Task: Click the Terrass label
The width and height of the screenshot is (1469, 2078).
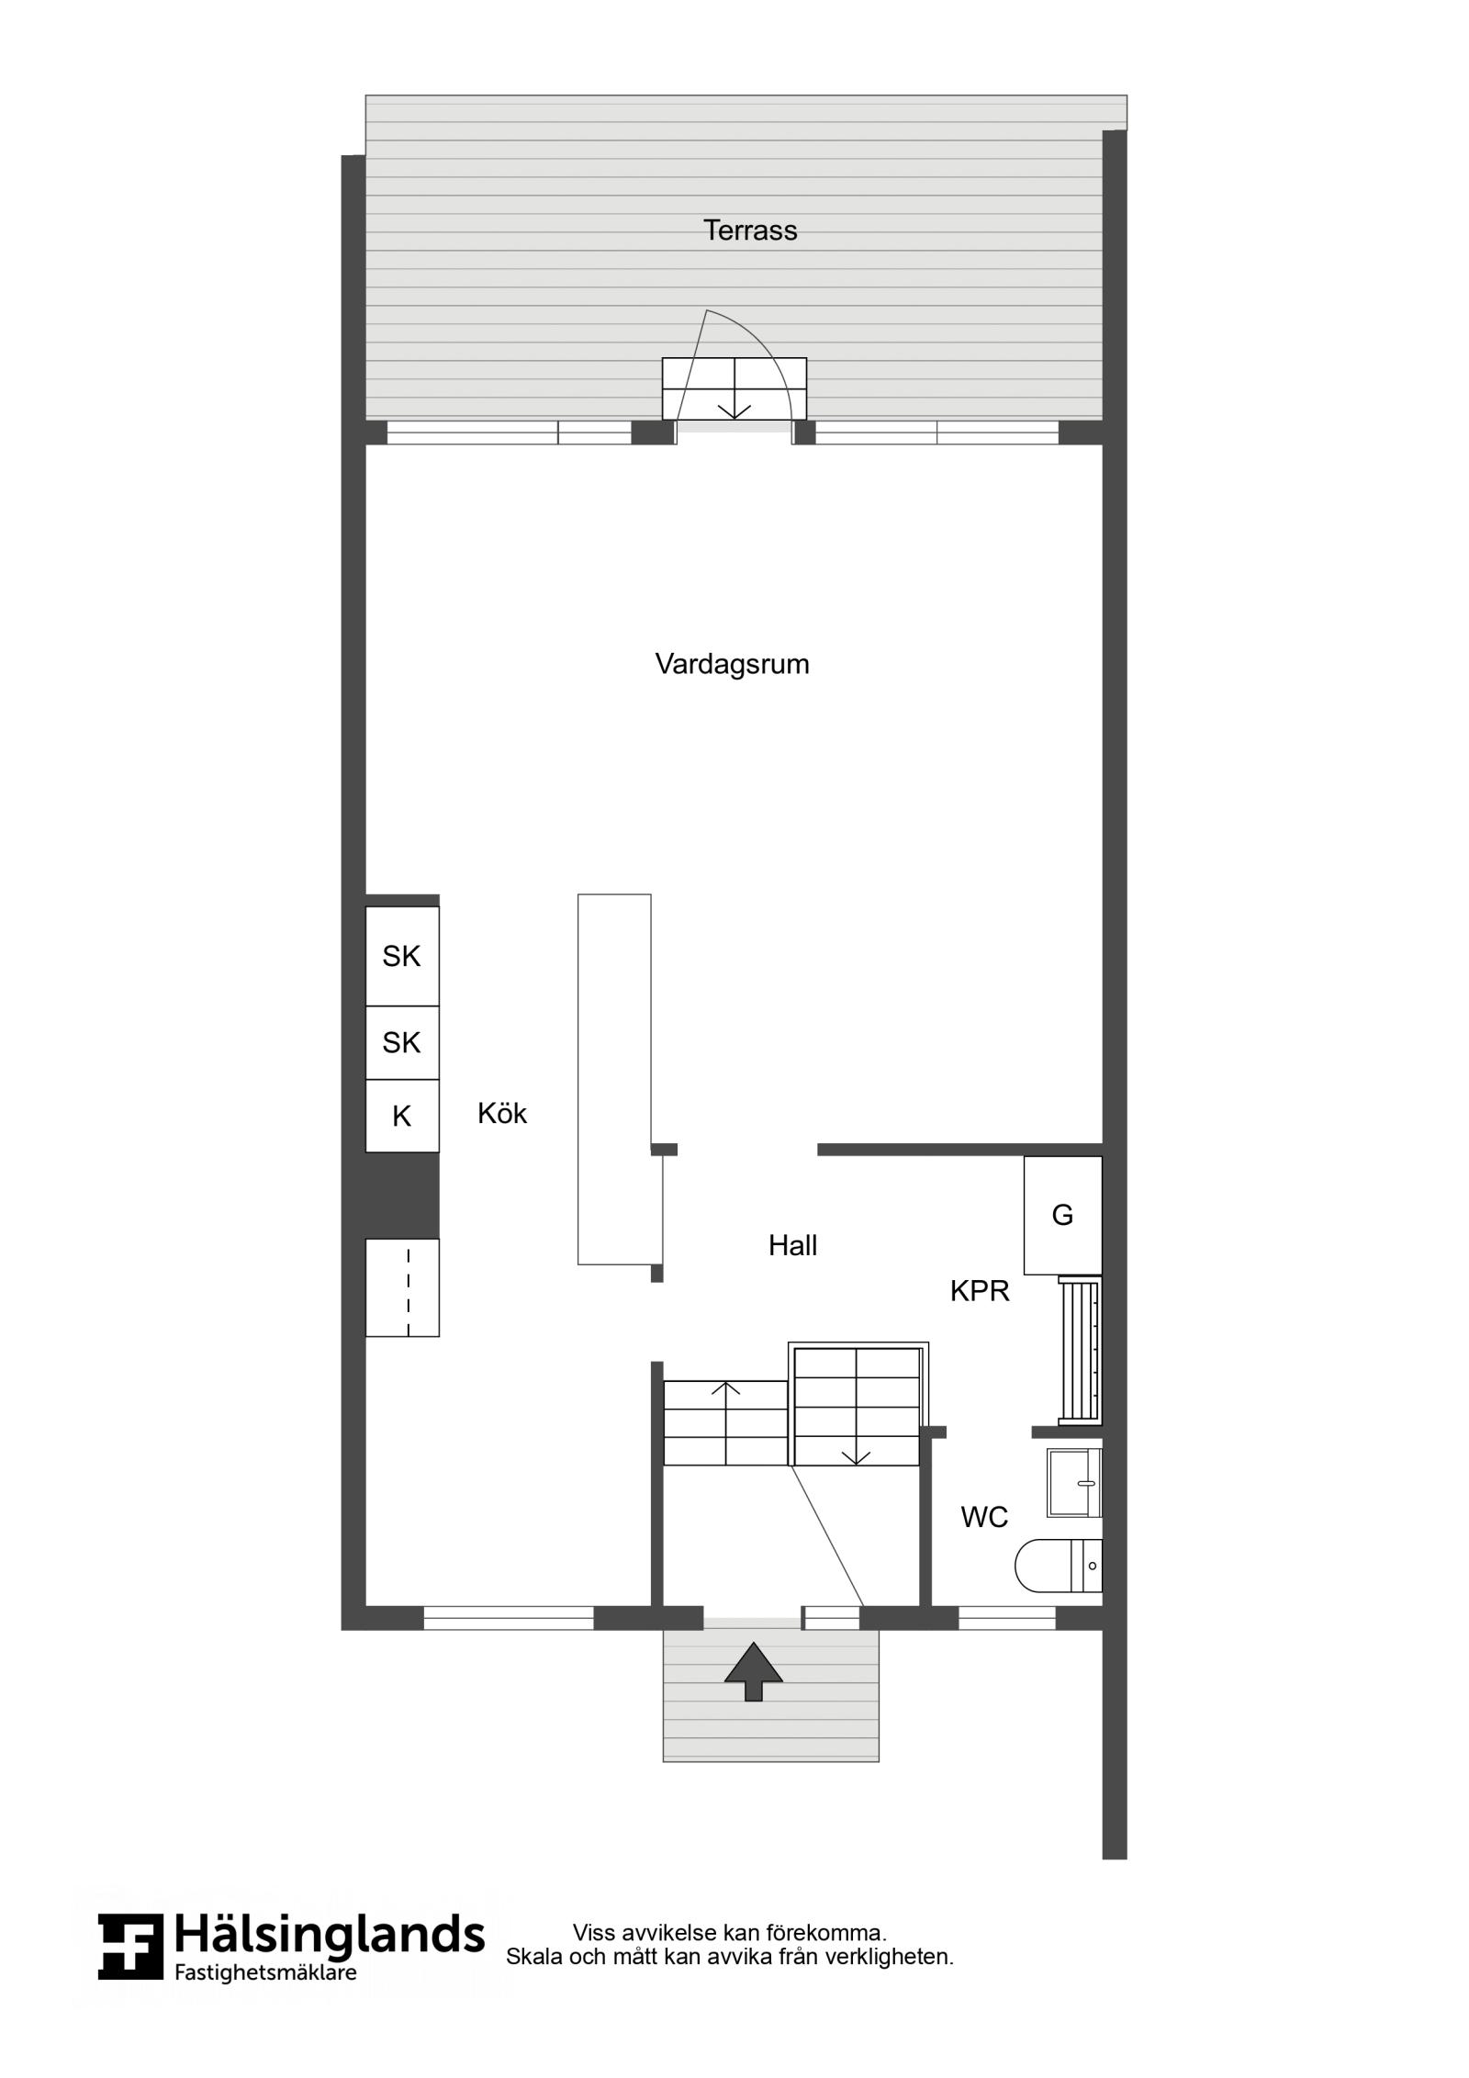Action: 750,230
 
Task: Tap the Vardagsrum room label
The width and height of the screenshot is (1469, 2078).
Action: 732,665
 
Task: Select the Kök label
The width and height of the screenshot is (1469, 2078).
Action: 502,1114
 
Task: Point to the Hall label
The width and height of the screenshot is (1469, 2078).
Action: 792,1246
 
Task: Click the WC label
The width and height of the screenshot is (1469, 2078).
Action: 984,1518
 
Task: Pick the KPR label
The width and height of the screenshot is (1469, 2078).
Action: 980,1292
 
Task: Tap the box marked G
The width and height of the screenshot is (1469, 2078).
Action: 1063,1215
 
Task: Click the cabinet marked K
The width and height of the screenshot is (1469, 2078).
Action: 402,1116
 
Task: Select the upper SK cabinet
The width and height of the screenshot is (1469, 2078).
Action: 402,956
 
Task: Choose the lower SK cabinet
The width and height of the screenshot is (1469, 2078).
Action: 402,1042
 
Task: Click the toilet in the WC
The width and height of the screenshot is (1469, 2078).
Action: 1059,1566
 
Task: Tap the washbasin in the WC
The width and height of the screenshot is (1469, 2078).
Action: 1074,1483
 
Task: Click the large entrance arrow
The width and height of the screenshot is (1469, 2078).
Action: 754,1672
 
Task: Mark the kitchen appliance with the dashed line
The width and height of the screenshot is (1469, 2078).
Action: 402,1287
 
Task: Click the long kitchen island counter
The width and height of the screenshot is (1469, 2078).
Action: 614,1079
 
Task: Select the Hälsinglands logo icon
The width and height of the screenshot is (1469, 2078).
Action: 130,1947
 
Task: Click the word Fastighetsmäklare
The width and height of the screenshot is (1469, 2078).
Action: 265,1972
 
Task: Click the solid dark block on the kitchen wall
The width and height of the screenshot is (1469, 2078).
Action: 390,1196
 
